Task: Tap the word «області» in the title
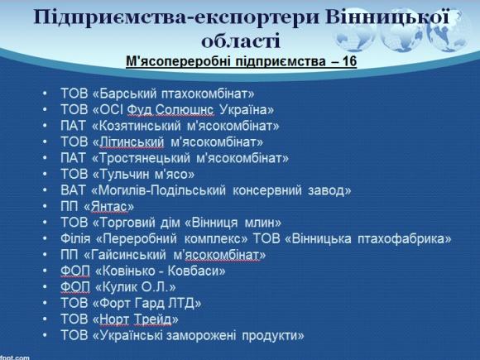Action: tap(241, 40)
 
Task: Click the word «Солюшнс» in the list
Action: tap(196, 110)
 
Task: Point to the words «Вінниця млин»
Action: tap(239, 222)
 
